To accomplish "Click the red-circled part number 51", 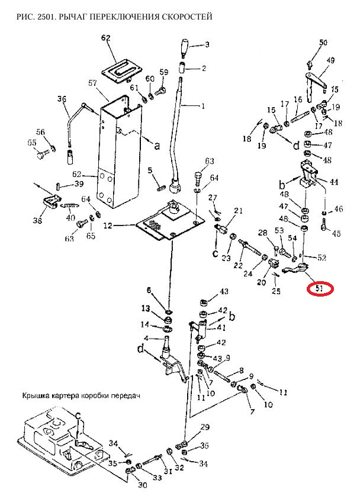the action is pos(319,289).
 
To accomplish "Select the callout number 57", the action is pos(92,83).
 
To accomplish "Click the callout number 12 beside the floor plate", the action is pos(108,226).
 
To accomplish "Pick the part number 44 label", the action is pos(334,182).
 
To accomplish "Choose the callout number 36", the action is pos(62,99).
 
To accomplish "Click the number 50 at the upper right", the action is pos(323,42).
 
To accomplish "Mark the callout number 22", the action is pos(238,266).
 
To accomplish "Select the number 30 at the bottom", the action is pos(142,485).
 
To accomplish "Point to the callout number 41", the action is pos(221,327).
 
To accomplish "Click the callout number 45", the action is pos(336,233).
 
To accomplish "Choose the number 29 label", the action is pos(205,427).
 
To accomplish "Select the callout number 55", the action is pos(32,143).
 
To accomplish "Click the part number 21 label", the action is pos(238,211).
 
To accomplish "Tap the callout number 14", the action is pos(144,324).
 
